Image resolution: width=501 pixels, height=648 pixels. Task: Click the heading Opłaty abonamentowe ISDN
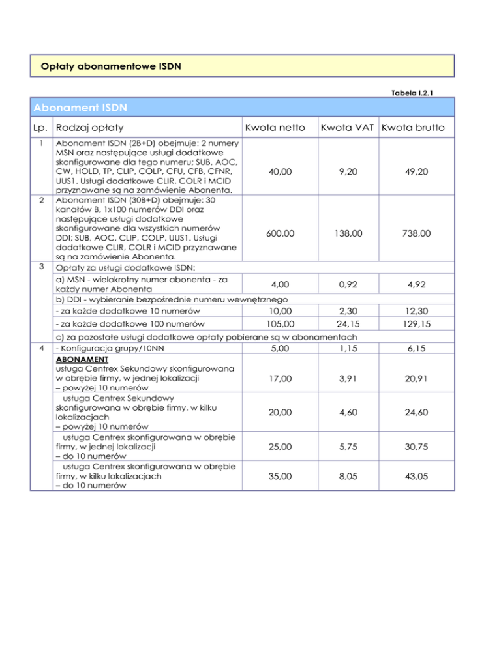(x=110, y=66)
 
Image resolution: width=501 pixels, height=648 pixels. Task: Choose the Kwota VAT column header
(x=346, y=129)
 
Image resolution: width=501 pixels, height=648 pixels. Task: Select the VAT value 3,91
(x=346, y=377)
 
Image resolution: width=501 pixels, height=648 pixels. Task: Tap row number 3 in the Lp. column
(x=42, y=266)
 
